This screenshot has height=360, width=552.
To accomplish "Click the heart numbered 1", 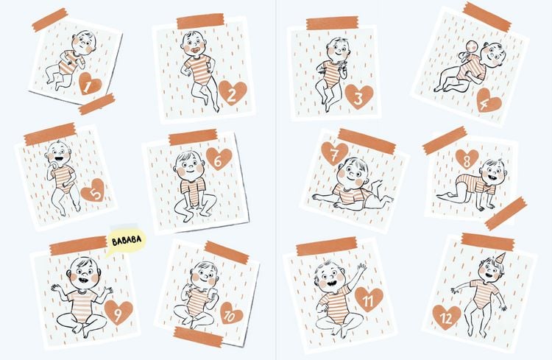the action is pos(90,84).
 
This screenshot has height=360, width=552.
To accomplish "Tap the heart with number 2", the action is pos(233,93).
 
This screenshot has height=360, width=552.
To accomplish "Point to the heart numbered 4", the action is pos(489,101).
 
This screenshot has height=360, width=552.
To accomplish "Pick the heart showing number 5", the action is pos(93,191).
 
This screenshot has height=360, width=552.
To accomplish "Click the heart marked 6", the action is pos(219,159).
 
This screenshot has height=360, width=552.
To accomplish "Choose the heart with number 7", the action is pos(334,153).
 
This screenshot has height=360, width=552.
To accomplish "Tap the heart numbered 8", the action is pos(467,159).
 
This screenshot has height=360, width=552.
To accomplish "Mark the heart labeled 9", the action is pos(118,312).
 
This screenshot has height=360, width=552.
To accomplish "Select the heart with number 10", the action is pos(231,313).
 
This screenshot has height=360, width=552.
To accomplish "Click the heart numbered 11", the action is pos(369,300).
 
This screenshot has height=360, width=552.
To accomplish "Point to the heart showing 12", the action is pos(447,317).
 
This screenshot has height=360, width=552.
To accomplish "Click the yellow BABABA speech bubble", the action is pos(126,241).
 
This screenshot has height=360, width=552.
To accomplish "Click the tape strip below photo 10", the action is pos(198,336).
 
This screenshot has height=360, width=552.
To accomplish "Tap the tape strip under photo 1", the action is pos(97,104).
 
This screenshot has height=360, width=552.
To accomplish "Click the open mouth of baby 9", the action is pos(83,280).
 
